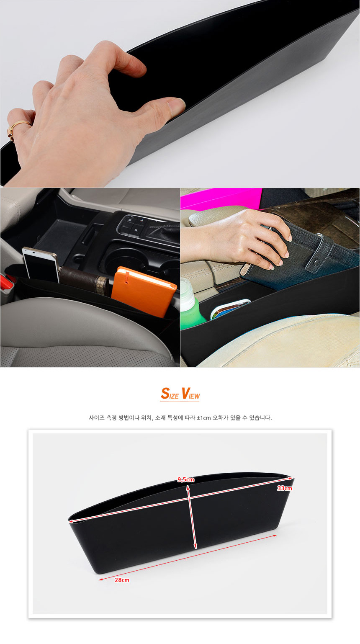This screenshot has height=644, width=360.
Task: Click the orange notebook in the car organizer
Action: click(x=143, y=291)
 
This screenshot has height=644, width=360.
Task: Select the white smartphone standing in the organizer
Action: click(x=41, y=264)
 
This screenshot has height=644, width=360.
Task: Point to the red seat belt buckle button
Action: click(x=5, y=282)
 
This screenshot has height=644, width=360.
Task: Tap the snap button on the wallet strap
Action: click(x=316, y=263)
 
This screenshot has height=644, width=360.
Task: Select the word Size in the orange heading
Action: click(x=170, y=394)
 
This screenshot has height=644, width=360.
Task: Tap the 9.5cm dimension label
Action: click(x=185, y=479)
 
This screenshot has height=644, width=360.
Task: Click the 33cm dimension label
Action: click(x=284, y=488)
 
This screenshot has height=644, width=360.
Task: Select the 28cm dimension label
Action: click(x=122, y=580)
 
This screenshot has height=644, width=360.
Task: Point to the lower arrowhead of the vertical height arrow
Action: click(x=195, y=546)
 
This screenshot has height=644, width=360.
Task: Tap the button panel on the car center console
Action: click(x=133, y=226)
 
